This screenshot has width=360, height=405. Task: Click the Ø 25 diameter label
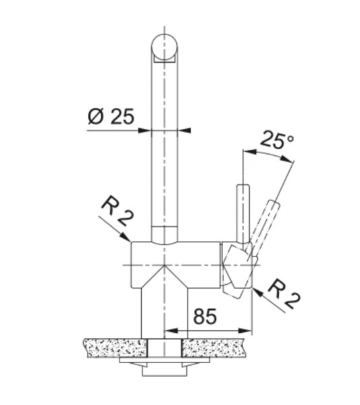[111, 117]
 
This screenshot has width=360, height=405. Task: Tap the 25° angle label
[277, 140]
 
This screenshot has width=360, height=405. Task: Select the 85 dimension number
[205, 316]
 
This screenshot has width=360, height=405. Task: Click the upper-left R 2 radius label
[118, 213]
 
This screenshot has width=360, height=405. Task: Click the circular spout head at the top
[165, 47]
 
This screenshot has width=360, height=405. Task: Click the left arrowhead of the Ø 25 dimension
[145, 130]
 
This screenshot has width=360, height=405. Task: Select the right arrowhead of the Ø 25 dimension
[184, 130]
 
